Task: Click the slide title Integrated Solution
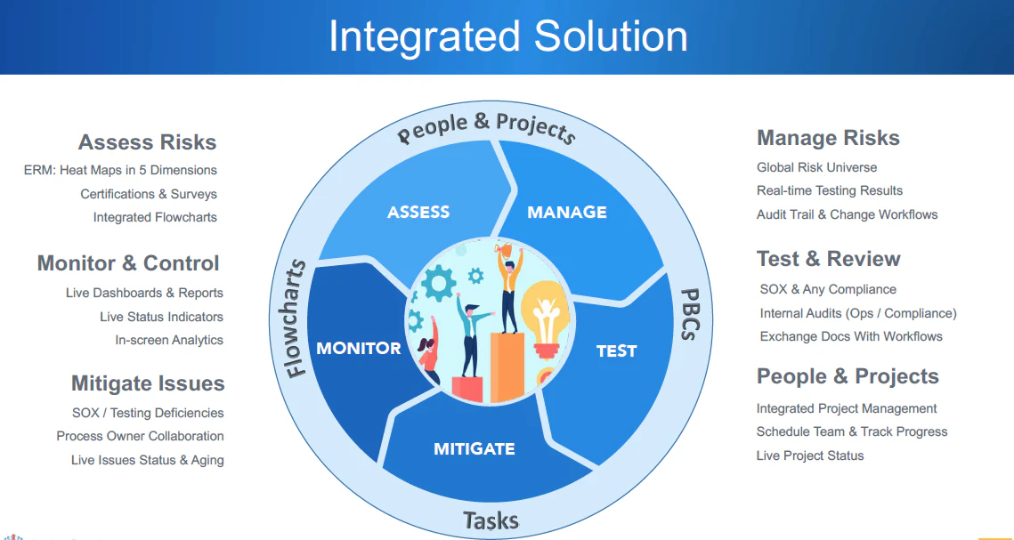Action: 507,36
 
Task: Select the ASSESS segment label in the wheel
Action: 418,212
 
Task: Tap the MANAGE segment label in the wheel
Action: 567,212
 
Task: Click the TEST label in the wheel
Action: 616,351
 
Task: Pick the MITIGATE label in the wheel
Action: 474,448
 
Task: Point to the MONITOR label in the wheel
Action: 359,348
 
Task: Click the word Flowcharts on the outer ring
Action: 296,318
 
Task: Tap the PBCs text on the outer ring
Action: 690,313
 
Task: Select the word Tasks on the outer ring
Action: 491,520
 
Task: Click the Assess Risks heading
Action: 147,142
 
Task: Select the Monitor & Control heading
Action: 128,263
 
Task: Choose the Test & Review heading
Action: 828,259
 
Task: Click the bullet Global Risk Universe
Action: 816,167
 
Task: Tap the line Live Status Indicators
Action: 161,317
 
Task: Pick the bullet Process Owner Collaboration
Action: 140,436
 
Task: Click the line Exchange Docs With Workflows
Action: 850,336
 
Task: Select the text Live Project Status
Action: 809,455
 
